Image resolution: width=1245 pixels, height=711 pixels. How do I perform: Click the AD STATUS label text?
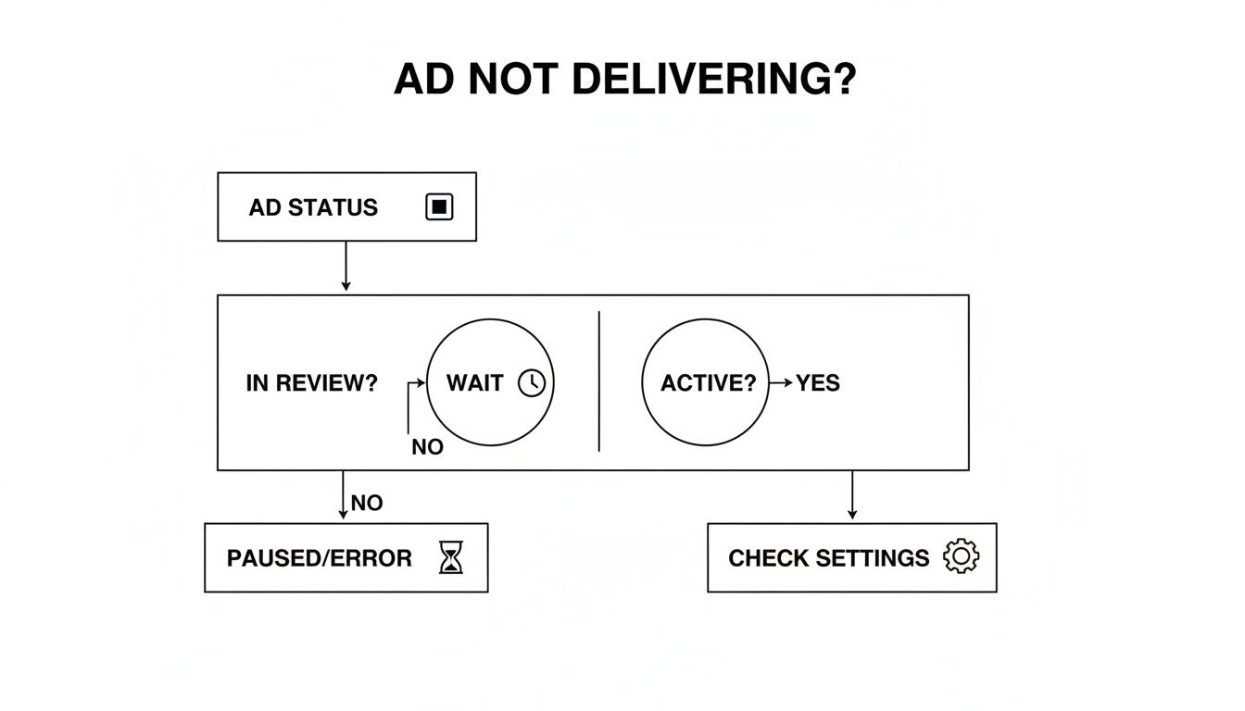click(313, 207)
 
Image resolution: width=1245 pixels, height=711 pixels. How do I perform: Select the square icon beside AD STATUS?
click(439, 207)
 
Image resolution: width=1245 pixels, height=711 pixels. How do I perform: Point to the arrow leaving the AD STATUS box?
click(346, 268)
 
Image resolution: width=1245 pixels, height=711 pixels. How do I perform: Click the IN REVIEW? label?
click(312, 383)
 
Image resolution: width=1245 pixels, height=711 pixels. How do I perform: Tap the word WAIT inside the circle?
click(474, 383)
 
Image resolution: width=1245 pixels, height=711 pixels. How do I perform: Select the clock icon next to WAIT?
click(532, 383)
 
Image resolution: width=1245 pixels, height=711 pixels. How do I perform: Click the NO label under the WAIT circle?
click(427, 447)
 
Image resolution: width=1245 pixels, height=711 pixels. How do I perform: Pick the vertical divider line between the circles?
click(599, 382)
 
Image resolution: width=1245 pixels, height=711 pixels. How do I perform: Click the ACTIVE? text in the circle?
click(708, 383)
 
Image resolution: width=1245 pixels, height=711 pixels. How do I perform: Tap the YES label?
click(818, 383)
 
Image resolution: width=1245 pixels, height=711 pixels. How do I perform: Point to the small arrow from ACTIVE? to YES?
click(782, 383)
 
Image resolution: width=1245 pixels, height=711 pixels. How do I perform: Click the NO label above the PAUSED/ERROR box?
click(367, 504)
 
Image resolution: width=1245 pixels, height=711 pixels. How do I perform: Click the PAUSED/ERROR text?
click(320, 558)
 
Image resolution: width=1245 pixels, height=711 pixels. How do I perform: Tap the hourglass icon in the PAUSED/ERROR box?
click(450, 558)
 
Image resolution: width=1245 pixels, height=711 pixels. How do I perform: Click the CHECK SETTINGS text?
click(828, 558)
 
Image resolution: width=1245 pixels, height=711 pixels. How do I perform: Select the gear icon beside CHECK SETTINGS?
click(961, 556)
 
